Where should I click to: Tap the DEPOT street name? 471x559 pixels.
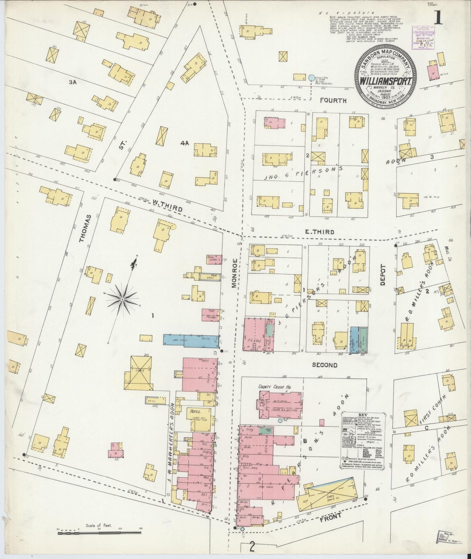click(x=383, y=275)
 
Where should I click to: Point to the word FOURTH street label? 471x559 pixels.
click(x=333, y=101)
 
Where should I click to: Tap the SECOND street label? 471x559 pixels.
click(x=324, y=365)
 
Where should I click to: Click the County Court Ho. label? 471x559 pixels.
click(x=274, y=387)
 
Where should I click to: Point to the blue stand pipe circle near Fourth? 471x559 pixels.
click(x=311, y=78)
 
